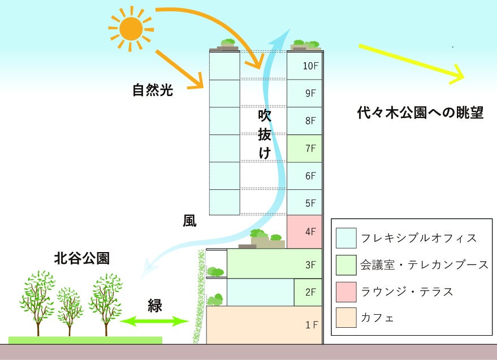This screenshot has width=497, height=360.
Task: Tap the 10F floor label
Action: (x=310, y=66)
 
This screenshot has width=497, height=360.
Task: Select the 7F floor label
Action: (x=310, y=149)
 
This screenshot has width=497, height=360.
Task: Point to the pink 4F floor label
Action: (x=310, y=231)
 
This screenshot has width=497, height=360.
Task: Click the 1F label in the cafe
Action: (x=312, y=325)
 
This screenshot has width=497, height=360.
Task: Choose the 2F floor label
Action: (x=310, y=292)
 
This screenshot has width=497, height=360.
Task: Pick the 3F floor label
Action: (x=310, y=264)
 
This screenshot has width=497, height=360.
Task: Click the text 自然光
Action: (x=152, y=90)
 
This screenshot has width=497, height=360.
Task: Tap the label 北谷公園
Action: (x=81, y=259)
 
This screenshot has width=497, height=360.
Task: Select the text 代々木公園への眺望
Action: (x=420, y=112)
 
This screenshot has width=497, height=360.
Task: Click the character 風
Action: (x=189, y=220)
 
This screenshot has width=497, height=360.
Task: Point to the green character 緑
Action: (x=154, y=306)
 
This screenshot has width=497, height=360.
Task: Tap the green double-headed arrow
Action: (x=154, y=322)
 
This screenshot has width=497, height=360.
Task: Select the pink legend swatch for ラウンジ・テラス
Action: (x=345, y=292)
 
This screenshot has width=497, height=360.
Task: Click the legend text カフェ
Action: (x=377, y=318)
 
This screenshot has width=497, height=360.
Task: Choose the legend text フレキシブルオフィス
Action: (x=418, y=238)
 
